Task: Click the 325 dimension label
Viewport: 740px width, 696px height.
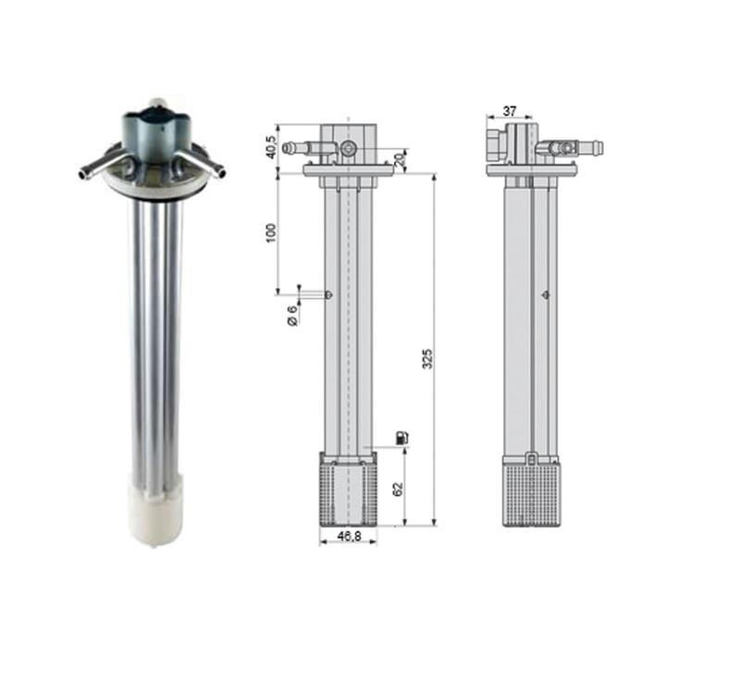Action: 426,359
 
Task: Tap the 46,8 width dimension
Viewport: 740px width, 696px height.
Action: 350,536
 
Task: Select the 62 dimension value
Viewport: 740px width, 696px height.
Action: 399,489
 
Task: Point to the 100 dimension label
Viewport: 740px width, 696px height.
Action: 271,233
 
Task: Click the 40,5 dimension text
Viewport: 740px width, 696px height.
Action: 271,147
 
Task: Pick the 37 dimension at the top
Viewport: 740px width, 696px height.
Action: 510,111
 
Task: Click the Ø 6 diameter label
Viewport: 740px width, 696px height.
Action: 292,316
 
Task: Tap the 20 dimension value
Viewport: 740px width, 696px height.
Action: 400,159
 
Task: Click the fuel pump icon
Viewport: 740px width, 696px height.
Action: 402,437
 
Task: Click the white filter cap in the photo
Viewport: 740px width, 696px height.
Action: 155,516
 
